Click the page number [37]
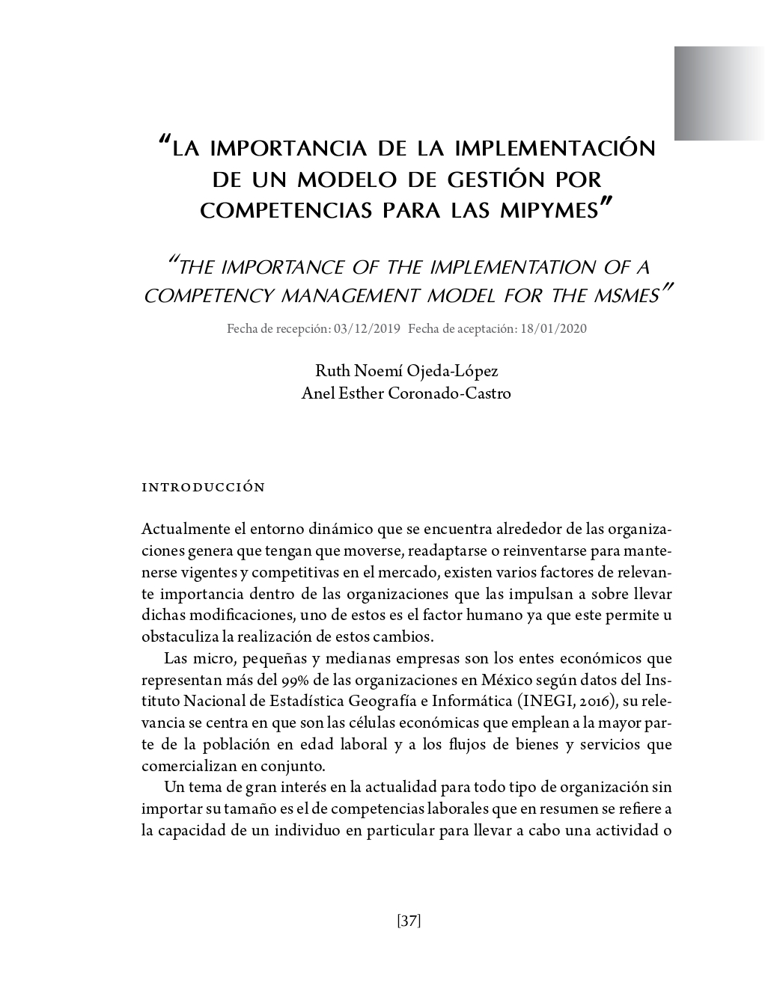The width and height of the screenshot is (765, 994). (409, 921)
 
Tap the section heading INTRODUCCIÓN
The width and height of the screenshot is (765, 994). (203, 488)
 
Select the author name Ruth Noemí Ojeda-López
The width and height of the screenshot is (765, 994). (406, 371)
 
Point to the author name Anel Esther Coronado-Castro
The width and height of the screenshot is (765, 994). (406, 393)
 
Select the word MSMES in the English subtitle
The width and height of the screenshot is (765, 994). (627, 295)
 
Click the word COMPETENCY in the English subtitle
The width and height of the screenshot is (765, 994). (207, 295)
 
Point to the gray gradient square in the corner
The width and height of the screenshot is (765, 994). (719, 93)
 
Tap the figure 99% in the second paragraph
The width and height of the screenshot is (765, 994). (293, 681)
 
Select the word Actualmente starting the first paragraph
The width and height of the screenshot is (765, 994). (186, 530)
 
